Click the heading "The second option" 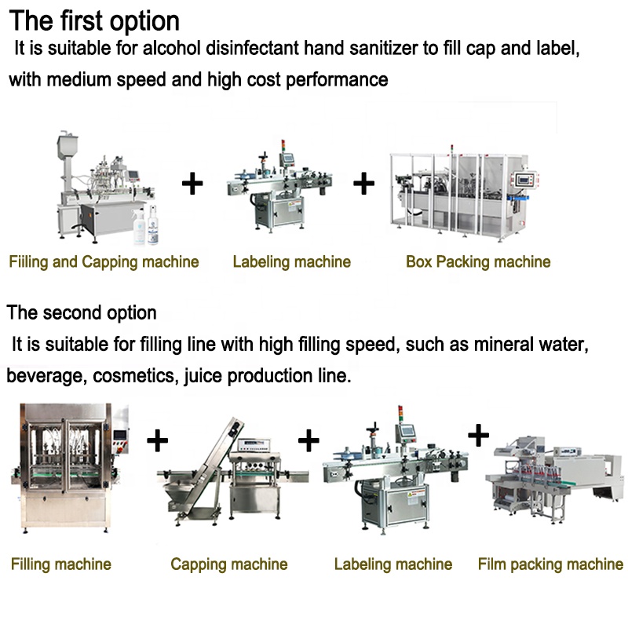click(82, 312)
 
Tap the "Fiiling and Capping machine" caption click(104, 261)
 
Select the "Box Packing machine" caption click(478, 261)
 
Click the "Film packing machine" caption click(550, 564)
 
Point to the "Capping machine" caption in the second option click(229, 564)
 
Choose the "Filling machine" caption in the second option click(61, 564)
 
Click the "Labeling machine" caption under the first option click(291, 261)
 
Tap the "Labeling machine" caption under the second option click(393, 564)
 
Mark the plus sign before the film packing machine click(478, 434)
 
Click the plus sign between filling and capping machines click(158, 440)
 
